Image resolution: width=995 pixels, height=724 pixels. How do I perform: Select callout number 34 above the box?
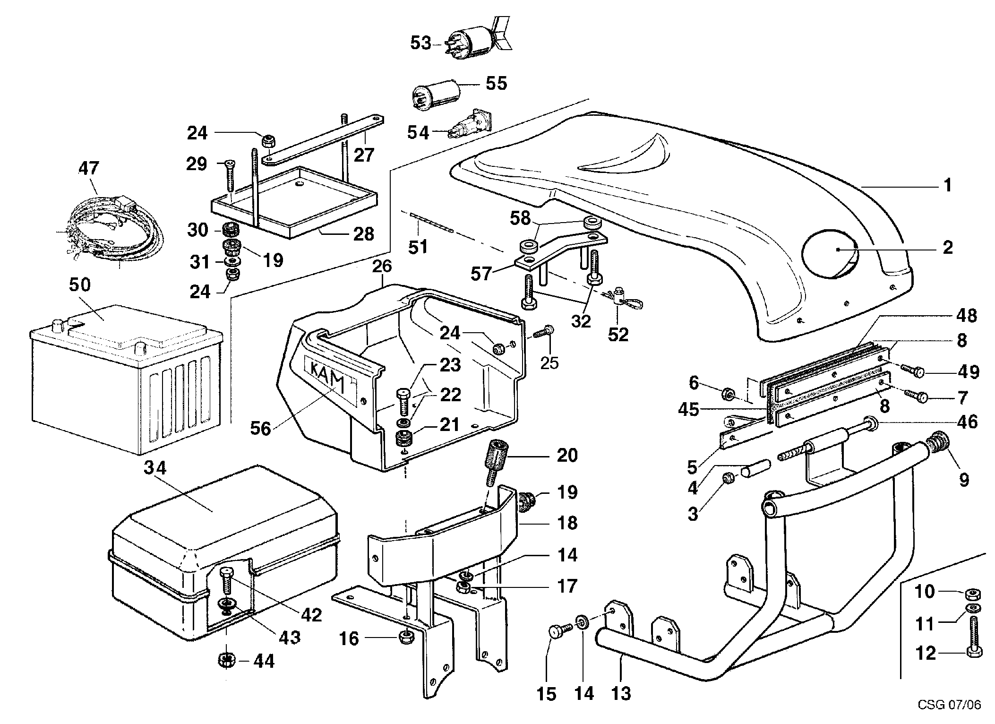(155, 468)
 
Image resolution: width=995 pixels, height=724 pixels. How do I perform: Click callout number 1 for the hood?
(947, 185)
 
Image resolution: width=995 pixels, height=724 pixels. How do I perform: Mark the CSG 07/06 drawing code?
(949, 705)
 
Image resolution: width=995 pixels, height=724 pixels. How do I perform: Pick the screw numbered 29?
(228, 175)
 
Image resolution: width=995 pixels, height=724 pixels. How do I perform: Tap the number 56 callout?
(260, 428)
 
